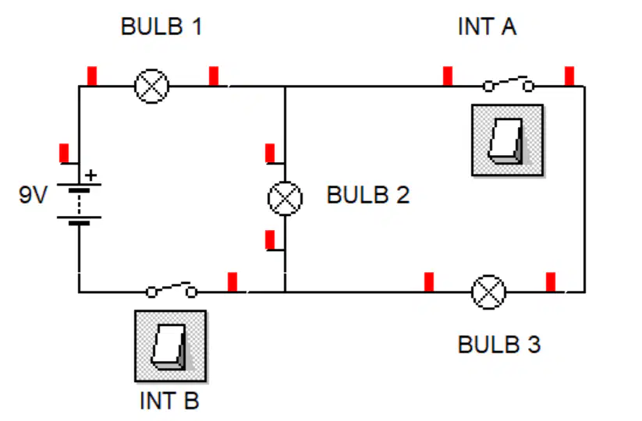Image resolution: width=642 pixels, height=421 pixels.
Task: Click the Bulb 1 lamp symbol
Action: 152,87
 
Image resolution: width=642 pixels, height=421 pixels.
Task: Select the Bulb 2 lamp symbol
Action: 285,199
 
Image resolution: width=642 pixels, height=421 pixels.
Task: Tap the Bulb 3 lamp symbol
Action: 488,292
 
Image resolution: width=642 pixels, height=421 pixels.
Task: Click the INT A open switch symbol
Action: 508,84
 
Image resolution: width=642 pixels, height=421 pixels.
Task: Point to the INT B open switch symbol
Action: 172,290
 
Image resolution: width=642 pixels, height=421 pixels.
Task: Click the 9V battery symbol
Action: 79,204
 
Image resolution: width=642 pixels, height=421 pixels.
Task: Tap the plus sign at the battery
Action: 91,175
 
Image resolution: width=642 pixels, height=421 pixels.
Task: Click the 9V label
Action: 34,195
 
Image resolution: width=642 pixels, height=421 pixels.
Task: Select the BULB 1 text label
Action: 161,27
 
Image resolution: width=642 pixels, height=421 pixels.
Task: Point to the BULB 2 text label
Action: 368,195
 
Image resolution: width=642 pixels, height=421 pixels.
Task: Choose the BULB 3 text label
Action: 499,345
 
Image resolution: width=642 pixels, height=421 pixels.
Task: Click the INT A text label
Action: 488,27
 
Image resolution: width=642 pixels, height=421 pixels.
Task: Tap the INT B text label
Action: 169,401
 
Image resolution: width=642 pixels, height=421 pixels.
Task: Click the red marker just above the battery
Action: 64,154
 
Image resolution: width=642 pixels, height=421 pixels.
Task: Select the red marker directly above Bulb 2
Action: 270,154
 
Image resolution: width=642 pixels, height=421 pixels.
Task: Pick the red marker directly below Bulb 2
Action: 270,240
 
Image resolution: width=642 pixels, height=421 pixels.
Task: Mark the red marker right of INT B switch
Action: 232,282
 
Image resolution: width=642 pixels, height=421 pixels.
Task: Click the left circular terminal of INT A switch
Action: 488,87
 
